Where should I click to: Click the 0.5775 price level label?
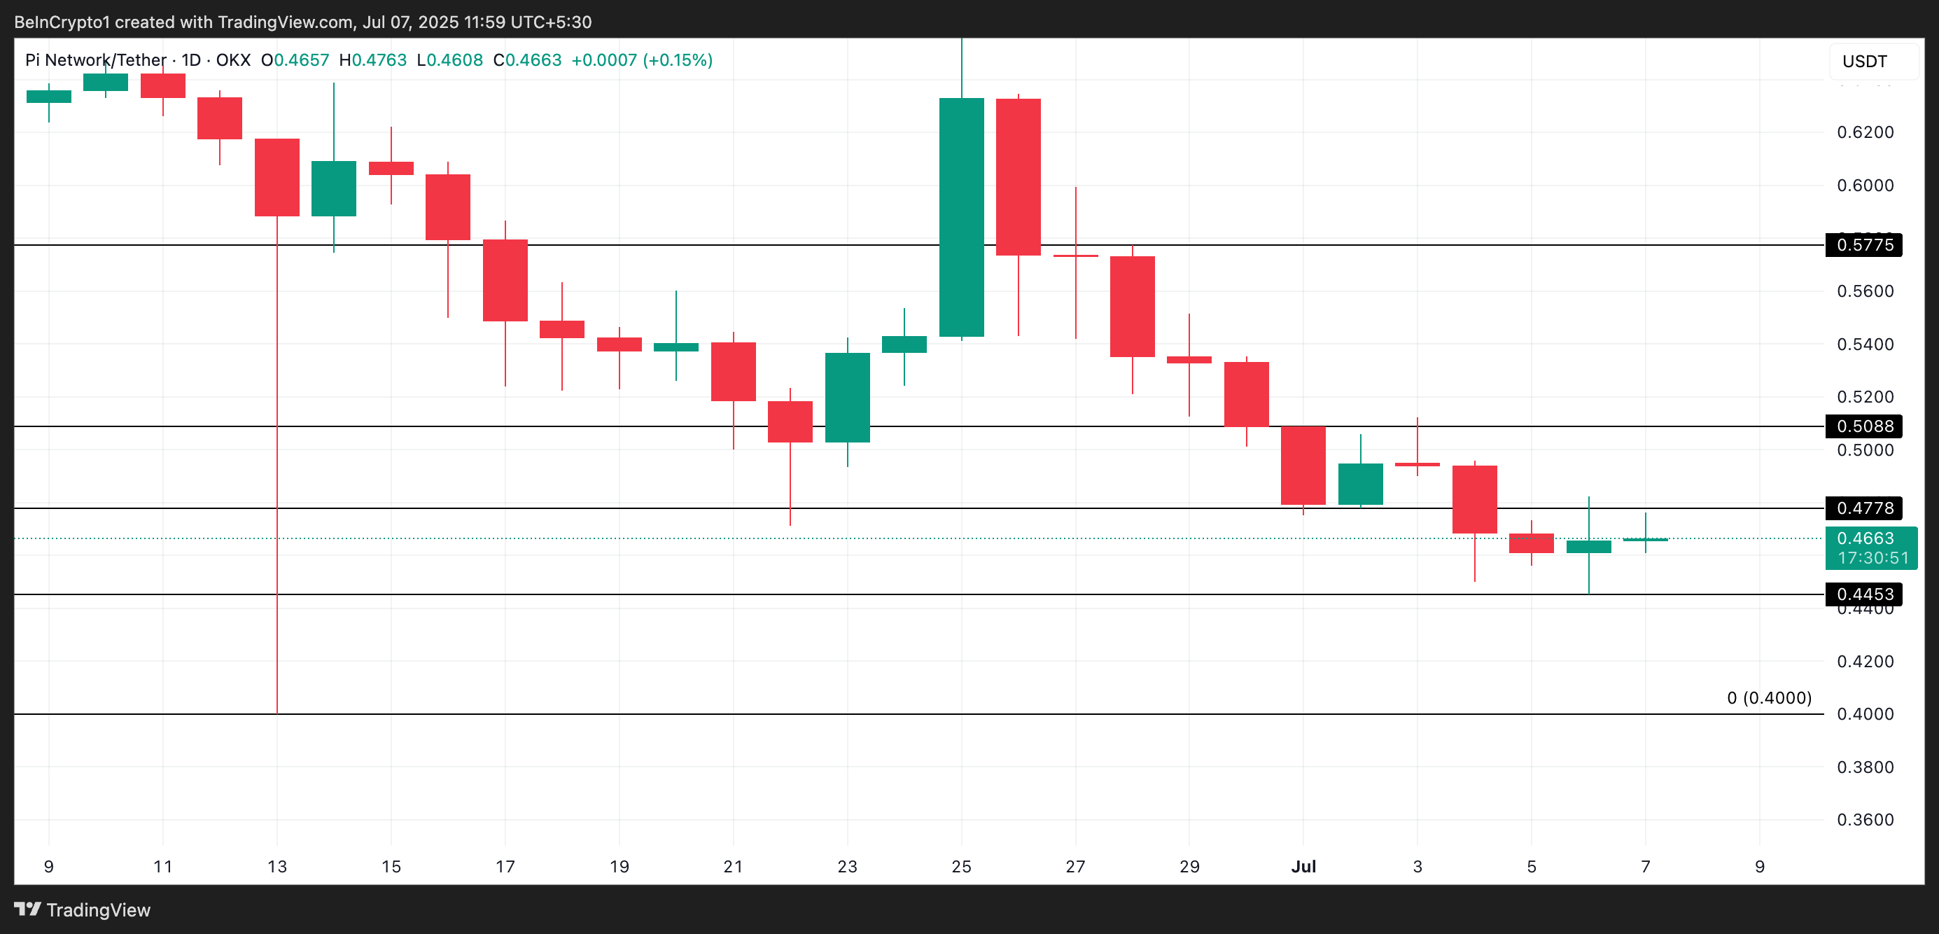click(1863, 245)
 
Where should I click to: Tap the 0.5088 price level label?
click(1863, 426)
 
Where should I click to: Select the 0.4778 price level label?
click(1863, 509)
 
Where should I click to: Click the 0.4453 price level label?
click(1863, 594)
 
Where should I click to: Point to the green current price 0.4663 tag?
click(1870, 547)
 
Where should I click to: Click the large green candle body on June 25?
click(961, 217)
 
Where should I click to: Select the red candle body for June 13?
click(277, 178)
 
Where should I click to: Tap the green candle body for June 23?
click(848, 398)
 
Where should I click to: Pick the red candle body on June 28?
click(1132, 307)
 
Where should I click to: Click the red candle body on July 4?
click(1475, 500)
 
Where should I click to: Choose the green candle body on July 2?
click(1360, 484)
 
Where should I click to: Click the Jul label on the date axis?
click(1303, 867)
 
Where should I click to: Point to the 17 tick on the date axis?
click(505, 867)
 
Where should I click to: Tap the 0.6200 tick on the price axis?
click(1865, 132)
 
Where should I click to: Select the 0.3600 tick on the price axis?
click(1865, 820)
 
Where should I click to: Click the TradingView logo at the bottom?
click(83, 910)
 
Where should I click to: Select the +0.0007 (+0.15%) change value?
click(641, 60)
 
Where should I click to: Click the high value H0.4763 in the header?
click(372, 60)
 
